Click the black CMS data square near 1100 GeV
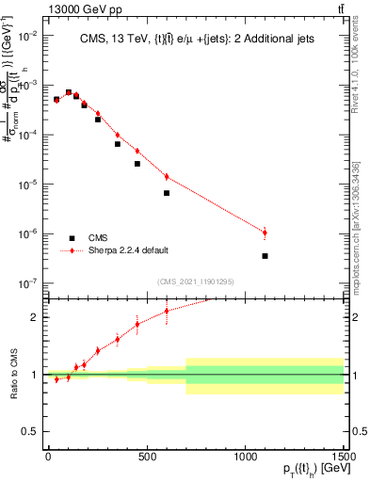click(x=265, y=256)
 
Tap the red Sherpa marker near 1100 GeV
click(x=265, y=233)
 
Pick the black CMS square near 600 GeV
click(x=167, y=193)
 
